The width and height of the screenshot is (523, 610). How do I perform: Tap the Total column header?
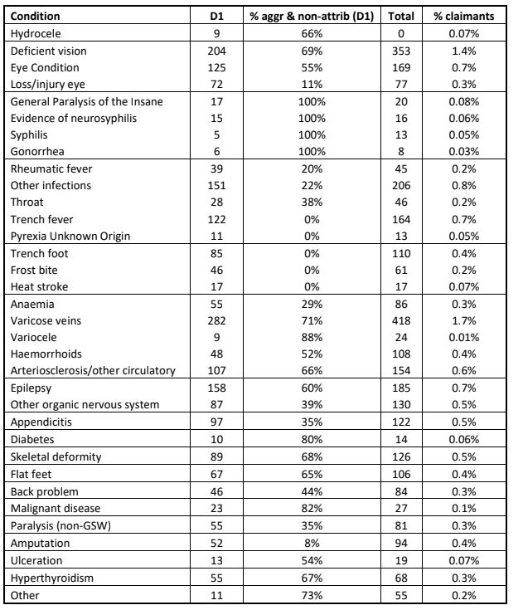point(403,16)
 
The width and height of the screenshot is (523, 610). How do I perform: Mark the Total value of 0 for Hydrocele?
point(403,32)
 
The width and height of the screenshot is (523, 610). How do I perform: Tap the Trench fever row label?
point(41,219)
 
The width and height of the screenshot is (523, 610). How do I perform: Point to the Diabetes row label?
point(32,456)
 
